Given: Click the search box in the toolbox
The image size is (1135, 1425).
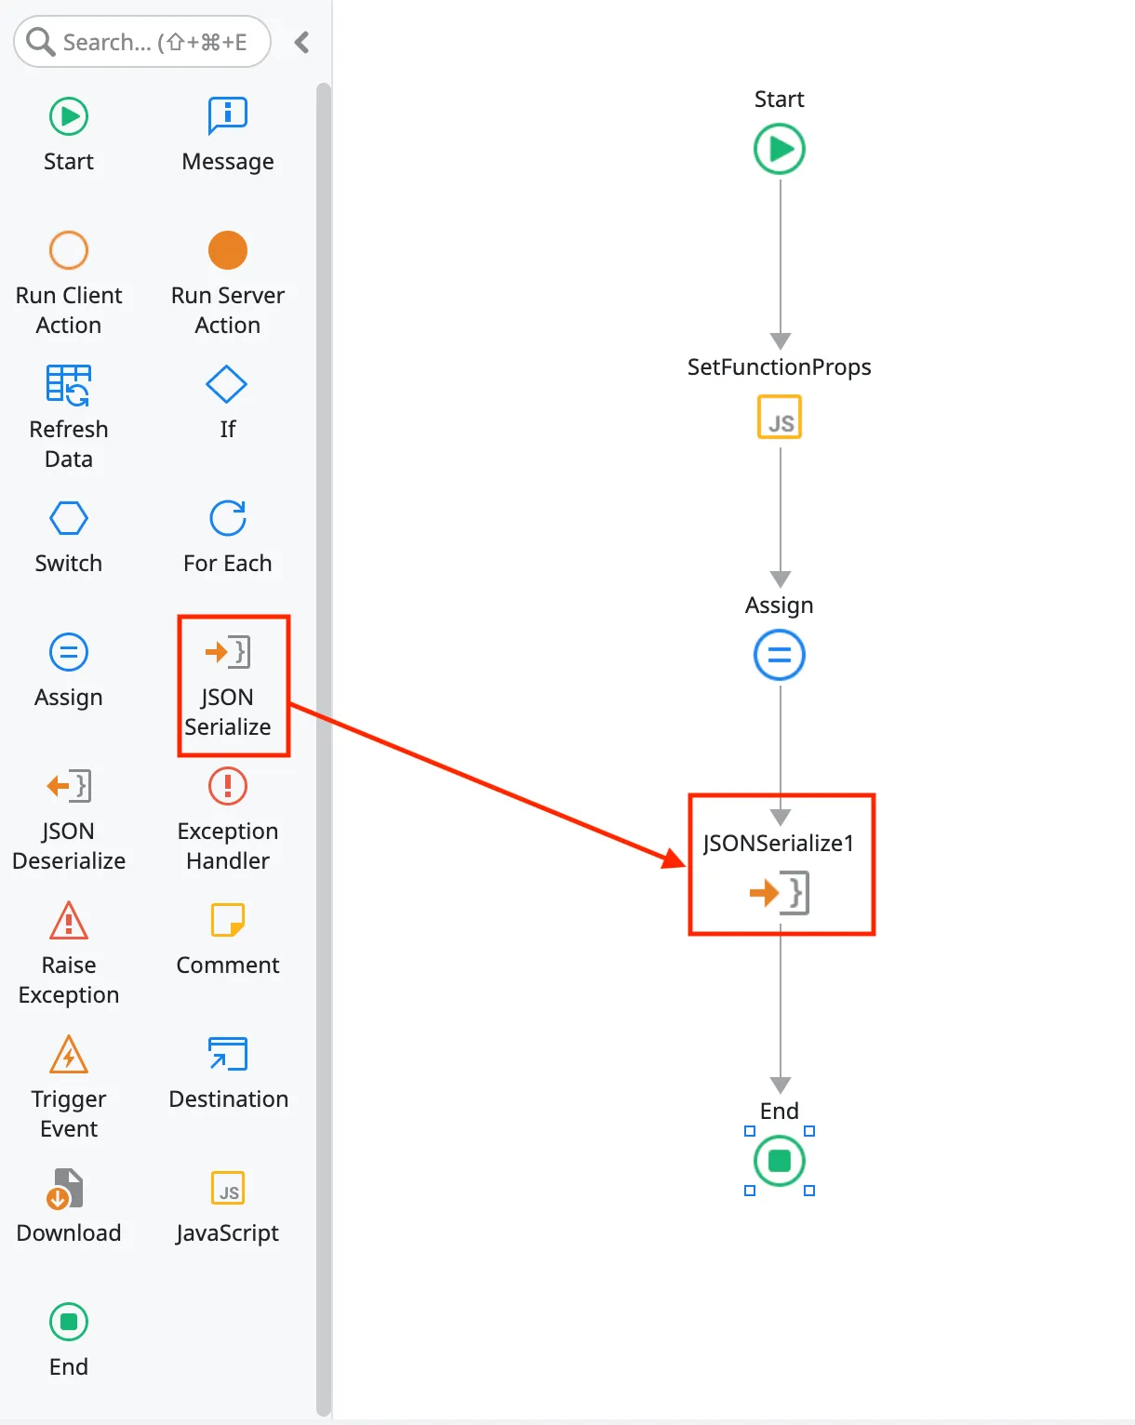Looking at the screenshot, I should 154,42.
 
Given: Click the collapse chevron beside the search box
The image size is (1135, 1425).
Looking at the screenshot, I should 301,42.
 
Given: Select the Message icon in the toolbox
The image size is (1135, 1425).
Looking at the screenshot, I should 227,116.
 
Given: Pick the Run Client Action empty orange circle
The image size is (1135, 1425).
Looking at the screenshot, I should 69,250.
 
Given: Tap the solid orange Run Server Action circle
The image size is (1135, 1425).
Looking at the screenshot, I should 227,250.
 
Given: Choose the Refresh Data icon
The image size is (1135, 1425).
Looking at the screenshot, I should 69,384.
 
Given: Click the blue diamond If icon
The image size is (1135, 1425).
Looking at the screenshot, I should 227,384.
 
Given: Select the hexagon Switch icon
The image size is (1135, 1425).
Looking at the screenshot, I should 69,518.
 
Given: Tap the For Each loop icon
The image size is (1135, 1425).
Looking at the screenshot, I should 227,518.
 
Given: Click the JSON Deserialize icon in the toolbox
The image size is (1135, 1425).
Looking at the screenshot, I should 69,786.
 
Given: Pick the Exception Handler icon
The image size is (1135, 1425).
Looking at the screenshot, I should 227,786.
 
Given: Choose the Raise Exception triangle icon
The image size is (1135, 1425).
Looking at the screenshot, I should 69,921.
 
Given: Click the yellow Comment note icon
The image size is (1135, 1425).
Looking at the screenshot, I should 227,920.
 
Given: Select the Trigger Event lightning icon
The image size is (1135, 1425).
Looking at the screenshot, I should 69,1055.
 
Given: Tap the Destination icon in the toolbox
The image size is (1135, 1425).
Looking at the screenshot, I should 227,1054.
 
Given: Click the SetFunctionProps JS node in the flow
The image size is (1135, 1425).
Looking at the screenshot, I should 780,417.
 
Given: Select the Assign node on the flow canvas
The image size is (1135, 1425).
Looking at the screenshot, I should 780,655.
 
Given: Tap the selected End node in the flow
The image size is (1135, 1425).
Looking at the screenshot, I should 780,1161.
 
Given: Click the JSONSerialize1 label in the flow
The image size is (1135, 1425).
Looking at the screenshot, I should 779,844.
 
